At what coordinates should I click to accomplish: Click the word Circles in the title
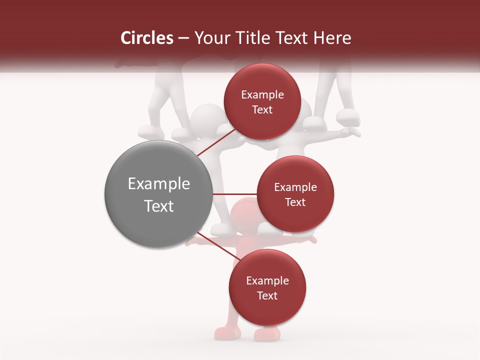[146, 38]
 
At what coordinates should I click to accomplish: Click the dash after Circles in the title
[183, 38]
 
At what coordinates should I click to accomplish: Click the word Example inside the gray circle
[159, 184]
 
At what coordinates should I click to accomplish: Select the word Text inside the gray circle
[159, 206]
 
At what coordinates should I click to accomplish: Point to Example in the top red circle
[262, 95]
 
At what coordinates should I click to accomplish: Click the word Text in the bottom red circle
[267, 295]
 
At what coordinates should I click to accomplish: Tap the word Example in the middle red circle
[295, 187]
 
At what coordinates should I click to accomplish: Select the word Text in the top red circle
[262, 109]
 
